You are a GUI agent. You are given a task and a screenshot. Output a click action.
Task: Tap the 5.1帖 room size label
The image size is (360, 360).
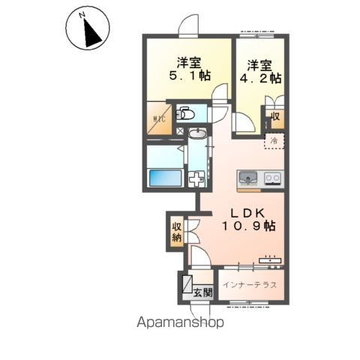(x=190, y=76)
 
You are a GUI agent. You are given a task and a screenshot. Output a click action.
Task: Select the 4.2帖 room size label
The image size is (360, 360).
(x=260, y=78)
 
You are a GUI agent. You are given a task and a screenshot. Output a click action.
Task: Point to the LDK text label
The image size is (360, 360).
(x=247, y=213)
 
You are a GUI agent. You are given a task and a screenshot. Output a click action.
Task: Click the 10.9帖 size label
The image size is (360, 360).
(x=249, y=226)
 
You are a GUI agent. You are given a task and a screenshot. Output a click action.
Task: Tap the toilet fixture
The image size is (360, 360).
(x=185, y=114)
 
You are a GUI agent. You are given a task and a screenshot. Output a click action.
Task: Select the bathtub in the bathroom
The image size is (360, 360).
(x=165, y=178)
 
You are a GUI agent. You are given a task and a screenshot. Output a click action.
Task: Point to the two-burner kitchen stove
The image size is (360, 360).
(x=272, y=178)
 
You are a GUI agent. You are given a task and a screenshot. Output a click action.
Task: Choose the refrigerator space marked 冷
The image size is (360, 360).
(x=274, y=141)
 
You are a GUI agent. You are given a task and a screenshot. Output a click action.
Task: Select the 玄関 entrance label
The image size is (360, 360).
(x=203, y=292)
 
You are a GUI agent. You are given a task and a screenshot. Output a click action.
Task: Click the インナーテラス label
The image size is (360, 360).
(x=250, y=285)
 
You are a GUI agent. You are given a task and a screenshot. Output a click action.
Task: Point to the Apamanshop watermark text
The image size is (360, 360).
(x=180, y=322)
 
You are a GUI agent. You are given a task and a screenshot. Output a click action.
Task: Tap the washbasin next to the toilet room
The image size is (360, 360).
(x=197, y=133)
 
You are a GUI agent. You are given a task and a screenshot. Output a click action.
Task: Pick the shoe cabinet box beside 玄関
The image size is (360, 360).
(x=187, y=284)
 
